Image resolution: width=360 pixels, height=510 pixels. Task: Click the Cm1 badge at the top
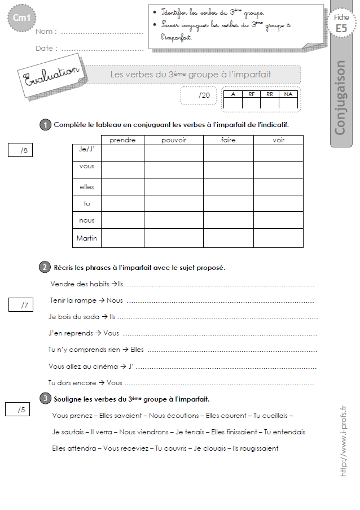pyautogui.click(x=21, y=19)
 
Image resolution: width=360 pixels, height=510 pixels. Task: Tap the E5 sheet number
pyautogui.click(x=341, y=28)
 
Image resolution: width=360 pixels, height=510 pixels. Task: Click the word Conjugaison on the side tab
pyautogui.click(x=340, y=98)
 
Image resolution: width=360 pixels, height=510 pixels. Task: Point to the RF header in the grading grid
pyautogui.click(x=251, y=94)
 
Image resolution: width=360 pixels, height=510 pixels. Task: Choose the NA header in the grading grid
pyautogui.click(x=288, y=94)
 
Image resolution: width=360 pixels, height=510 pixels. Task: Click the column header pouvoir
pyautogui.click(x=173, y=140)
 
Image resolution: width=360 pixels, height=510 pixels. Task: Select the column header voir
pyautogui.click(x=278, y=140)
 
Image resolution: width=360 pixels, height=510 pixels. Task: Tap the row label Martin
pyautogui.click(x=86, y=238)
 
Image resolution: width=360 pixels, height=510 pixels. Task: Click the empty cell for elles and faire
pyautogui.click(x=228, y=186)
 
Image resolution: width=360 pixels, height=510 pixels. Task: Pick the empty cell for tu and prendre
pyautogui.click(x=122, y=203)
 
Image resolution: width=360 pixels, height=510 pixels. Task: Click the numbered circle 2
pyautogui.click(x=45, y=267)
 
